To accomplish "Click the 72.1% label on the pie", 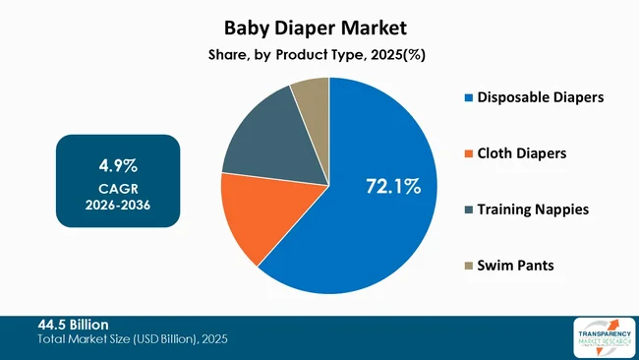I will point(393,185).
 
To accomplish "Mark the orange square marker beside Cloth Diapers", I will point(468,153).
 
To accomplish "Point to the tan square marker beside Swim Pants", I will point(468,267).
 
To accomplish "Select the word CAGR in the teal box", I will point(117,188).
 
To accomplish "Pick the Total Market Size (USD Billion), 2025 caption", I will point(132,339).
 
